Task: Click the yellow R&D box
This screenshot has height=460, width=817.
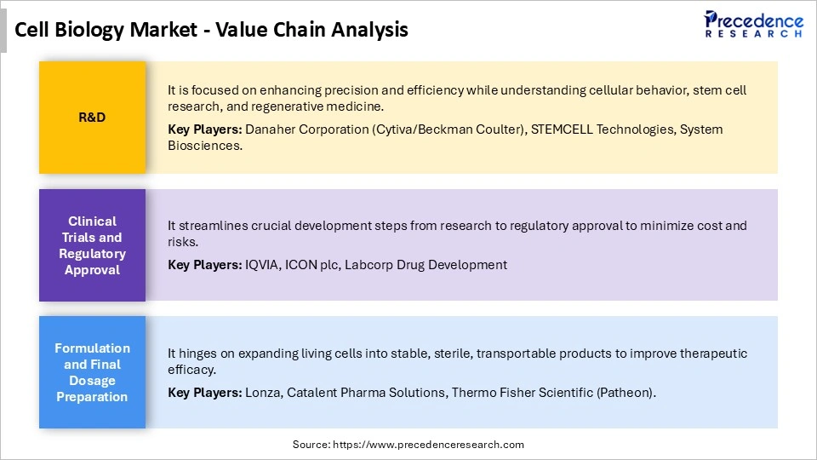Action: tap(92, 118)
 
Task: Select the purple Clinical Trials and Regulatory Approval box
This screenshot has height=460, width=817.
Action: tap(92, 245)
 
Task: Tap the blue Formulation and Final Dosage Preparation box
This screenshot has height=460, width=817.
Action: tap(92, 372)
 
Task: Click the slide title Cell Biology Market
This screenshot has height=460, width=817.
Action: tap(212, 30)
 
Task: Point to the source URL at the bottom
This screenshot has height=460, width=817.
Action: tap(408, 445)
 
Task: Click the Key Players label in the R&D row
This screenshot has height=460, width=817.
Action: tap(205, 129)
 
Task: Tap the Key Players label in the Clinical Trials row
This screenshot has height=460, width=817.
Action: tap(205, 265)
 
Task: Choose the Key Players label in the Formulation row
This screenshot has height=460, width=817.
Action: tap(205, 393)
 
